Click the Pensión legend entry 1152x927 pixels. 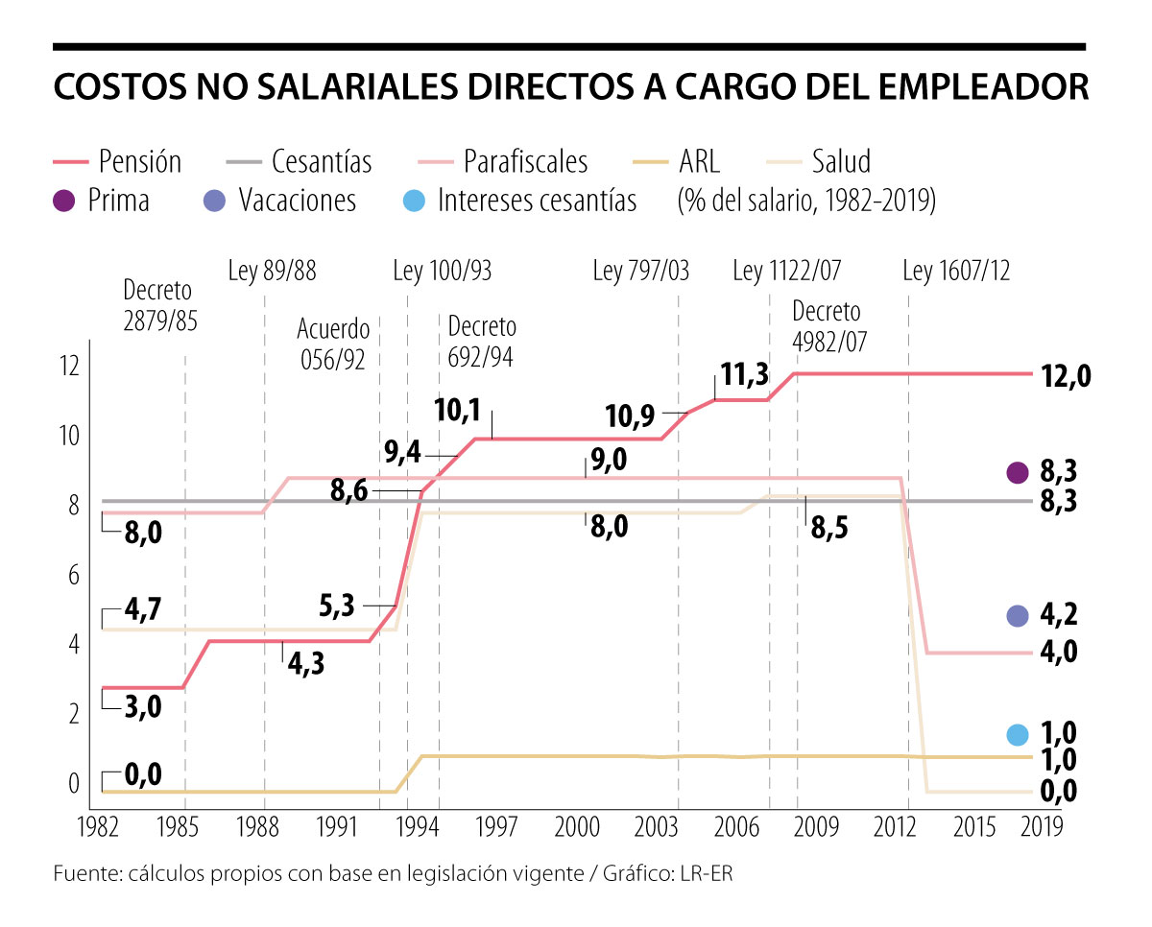(139, 161)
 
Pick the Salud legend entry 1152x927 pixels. (841, 161)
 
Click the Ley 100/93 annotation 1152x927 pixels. (442, 272)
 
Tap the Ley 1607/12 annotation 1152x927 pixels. (955, 272)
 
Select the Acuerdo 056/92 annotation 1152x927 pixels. (333, 344)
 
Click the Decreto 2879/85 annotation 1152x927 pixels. (159, 305)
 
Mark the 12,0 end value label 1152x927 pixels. (1066, 376)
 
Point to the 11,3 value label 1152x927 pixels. (744, 375)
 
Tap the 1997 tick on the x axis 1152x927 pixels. (496, 827)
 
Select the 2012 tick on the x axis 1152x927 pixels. (896, 827)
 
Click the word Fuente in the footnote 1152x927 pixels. (85, 874)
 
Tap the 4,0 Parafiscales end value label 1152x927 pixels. (1058, 653)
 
